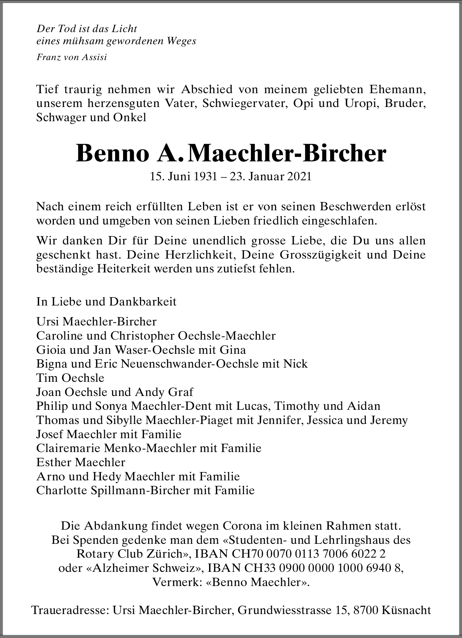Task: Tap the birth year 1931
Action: (x=205, y=177)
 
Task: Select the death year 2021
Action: (x=299, y=177)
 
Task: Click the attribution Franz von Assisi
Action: (x=71, y=57)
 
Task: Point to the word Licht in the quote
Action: (x=124, y=29)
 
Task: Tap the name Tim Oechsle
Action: (x=70, y=378)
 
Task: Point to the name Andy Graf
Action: (x=164, y=392)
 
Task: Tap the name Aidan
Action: (x=366, y=406)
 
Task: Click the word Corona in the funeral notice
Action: (x=240, y=526)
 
